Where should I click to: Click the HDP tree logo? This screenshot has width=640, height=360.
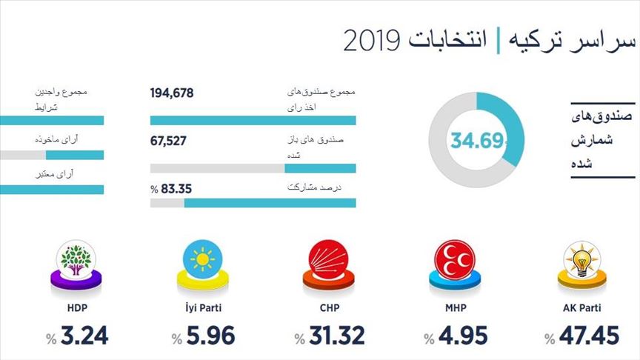pos(77,261)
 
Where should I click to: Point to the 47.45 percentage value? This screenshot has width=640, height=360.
pos(589,336)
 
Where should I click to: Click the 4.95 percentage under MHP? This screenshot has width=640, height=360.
pos(463,336)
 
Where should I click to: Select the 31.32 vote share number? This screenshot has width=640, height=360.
pos(338,336)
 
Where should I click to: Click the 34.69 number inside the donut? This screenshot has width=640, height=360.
pos(478,139)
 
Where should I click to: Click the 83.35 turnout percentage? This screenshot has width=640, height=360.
pos(176,188)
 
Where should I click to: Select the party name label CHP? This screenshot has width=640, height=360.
pos(330,307)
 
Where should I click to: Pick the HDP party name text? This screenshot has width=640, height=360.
pos(77,307)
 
